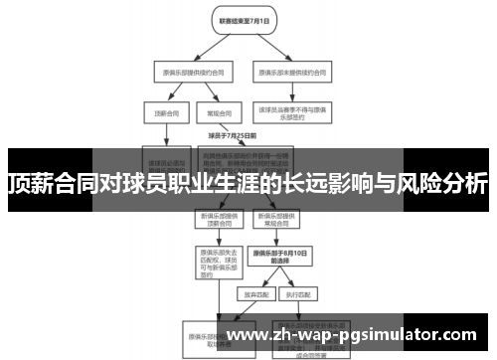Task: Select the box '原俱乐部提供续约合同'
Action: pyautogui.click(x=189, y=72)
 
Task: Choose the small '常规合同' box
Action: pyautogui.click(x=213, y=112)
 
